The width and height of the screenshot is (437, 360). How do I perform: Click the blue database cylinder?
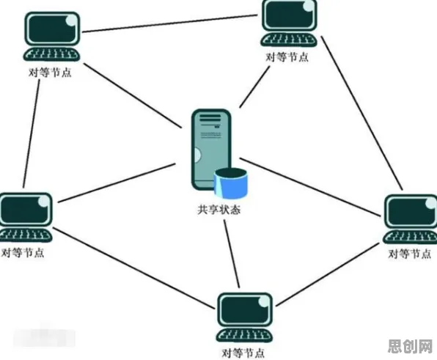(231, 183)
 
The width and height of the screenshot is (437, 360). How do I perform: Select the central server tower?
(211, 150)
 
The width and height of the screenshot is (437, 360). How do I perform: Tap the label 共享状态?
(218, 210)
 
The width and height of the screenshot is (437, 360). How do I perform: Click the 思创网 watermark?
(410, 346)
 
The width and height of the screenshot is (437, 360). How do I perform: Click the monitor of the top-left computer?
(52, 29)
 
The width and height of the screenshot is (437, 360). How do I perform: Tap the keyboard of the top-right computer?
(289, 40)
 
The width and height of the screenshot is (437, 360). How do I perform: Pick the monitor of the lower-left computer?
(26, 209)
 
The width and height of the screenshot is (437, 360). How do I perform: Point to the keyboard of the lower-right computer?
(411, 237)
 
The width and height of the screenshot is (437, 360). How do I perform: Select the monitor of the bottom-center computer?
(245, 309)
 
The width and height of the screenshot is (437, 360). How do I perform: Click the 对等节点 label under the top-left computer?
(50, 73)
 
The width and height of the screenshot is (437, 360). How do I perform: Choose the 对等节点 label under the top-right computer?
(287, 57)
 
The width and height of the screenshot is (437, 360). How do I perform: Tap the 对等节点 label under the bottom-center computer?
(243, 353)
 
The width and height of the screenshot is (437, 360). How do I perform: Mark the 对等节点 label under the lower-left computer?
(23, 253)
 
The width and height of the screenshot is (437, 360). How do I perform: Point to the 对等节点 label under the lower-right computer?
(410, 254)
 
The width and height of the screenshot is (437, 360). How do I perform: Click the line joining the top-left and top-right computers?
(169, 23)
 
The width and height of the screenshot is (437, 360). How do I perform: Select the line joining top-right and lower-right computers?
(362, 113)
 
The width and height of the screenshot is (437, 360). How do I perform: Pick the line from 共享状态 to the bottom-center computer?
(232, 254)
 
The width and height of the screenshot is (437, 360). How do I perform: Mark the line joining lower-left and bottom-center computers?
(133, 268)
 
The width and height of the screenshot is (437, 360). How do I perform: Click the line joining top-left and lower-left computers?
(32, 133)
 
